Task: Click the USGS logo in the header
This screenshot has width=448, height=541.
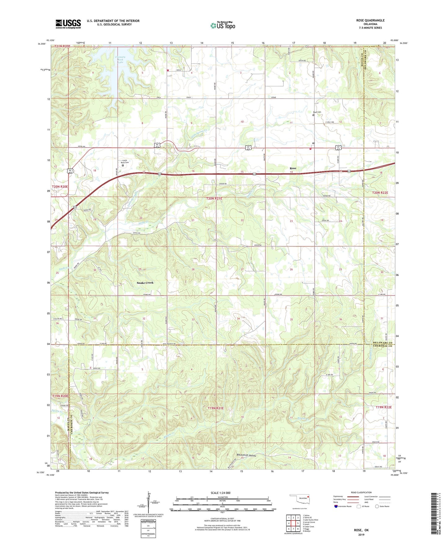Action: (x=68, y=24)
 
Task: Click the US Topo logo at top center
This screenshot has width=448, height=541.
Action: (x=223, y=25)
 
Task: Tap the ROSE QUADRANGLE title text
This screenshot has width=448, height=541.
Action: (x=370, y=20)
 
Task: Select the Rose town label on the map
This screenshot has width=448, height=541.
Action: (x=293, y=168)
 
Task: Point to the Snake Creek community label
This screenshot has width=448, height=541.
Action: (x=145, y=283)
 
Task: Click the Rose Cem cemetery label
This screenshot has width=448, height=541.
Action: (x=317, y=112)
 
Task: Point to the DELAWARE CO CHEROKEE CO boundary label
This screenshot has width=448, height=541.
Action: (x=382, y=344)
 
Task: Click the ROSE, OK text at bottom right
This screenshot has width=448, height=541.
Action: (x=361, y=530)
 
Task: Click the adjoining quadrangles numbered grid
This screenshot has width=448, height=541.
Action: (x=293, y=523)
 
